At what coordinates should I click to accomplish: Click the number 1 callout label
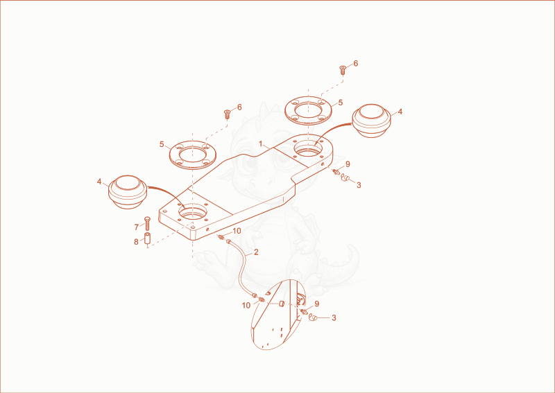tap(261, 144)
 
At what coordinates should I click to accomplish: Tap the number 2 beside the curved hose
tap(256, 252)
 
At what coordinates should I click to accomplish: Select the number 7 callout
tap(136, 227)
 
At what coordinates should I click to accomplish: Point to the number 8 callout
tap(136, 242)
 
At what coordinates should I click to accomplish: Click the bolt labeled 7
tap(147, 224)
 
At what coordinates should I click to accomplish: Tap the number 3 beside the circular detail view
tap(334, 317)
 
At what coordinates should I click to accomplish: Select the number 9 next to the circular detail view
tap(317, 304)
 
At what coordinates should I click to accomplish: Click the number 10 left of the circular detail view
tap(246, 305)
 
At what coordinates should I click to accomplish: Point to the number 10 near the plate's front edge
tap(237, 231)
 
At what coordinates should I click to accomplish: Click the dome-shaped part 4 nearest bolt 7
tap(127, 192)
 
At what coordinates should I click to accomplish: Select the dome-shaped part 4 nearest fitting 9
tap(371, 121)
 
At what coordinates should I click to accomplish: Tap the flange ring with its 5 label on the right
tap(308, 110)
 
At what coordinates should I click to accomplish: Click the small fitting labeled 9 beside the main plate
tap(336, 172)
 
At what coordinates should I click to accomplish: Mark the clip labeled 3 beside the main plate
tap(345, 178)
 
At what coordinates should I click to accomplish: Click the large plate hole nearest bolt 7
tap(192, 212)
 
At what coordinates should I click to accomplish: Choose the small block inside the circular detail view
tap(282, 304)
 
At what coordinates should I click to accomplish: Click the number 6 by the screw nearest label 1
tap(239, 107)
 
